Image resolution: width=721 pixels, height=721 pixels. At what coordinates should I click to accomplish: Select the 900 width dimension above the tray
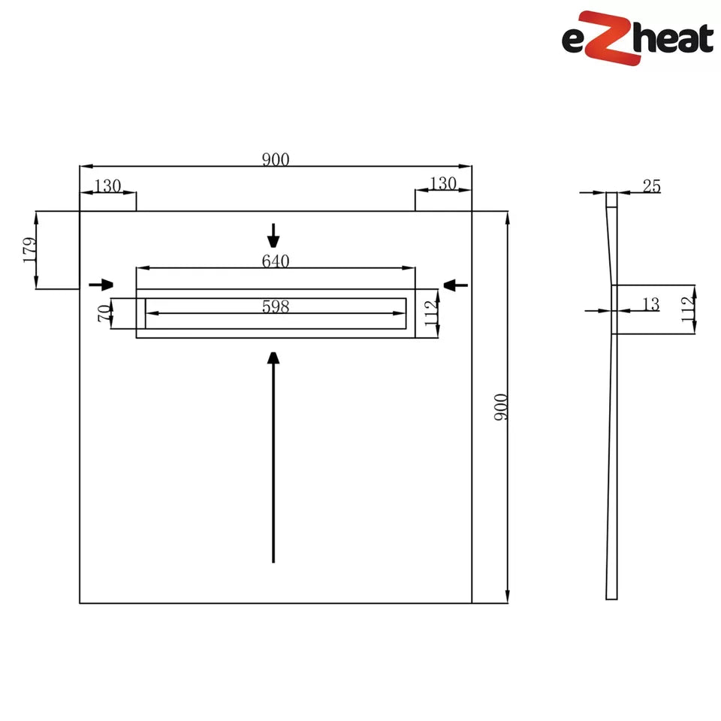pyautogui.click(x=276, y=159)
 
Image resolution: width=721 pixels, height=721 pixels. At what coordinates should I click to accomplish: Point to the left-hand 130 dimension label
pyautogui.click(x=107, y=185)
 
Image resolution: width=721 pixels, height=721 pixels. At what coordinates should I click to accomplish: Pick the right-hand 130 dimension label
pyautogui.click(x=443, y=183)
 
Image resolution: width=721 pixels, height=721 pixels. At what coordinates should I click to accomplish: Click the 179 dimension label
pyautogui.click(x=29, y=249)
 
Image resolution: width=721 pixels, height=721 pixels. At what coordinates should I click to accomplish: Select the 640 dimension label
pyautogui.click(x=276, y=261)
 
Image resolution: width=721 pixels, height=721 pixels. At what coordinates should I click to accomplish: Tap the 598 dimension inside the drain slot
pyautogui.click(x=276, y=306)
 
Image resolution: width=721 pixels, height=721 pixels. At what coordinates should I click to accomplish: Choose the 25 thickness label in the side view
pyautogui.click(x=651, y=186)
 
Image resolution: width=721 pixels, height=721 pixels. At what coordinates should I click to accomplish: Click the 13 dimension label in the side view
pyautogui.click(x=651, y=304)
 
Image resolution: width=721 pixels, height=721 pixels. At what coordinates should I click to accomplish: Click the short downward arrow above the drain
pyautogui.click(x=273, y=236)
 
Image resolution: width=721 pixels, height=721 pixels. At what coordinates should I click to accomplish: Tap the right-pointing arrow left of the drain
pyautogui.click(x=101, y=285)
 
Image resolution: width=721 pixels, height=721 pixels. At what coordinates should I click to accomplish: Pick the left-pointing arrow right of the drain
pyautogui.click(x=456, y=284)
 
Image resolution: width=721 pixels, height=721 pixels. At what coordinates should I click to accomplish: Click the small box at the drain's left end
pyautogui.click(x=140, y=313)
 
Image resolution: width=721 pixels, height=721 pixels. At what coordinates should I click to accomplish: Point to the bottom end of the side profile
pyautogui.click(x=611, y=596)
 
